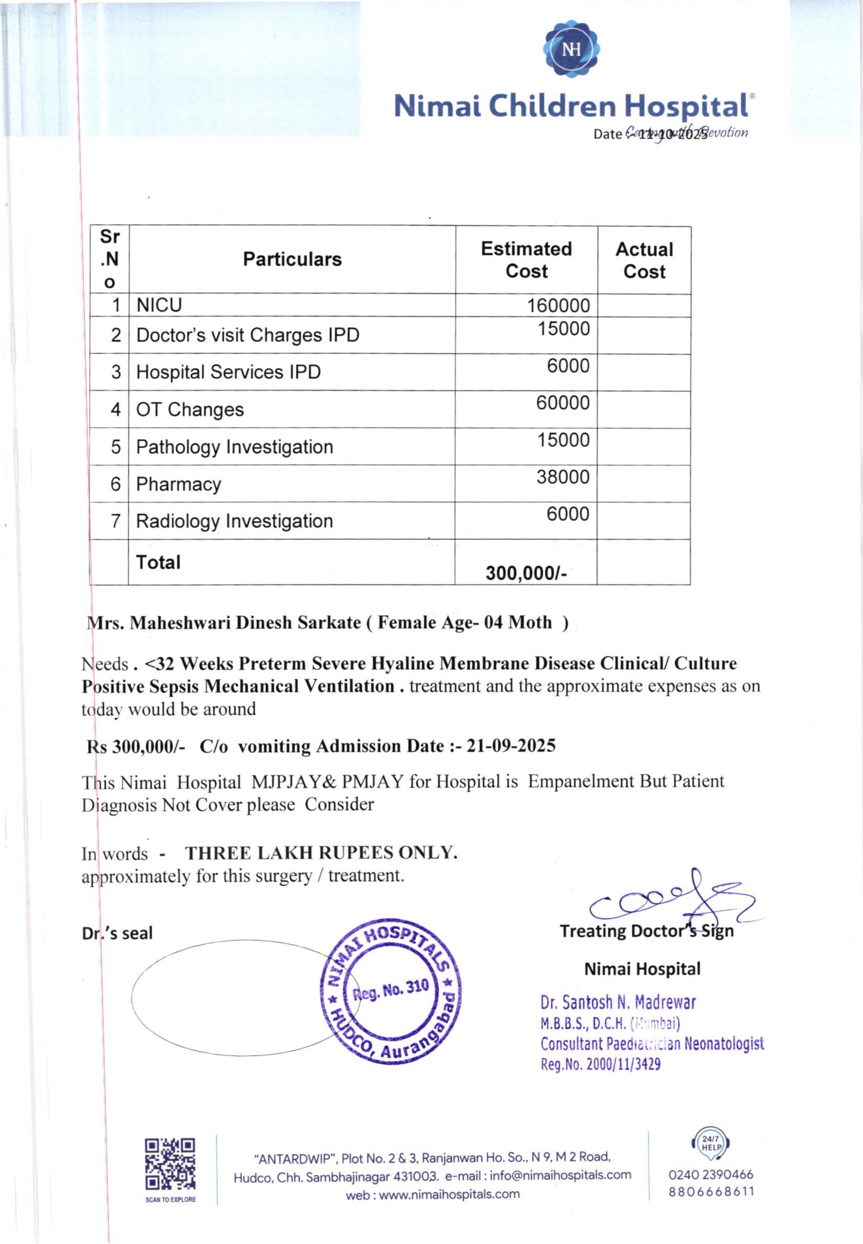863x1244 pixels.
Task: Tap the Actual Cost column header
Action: click(x=644, y=260)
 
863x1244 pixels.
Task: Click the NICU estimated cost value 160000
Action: click(x=558, y=306)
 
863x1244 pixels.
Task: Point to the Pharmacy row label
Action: click(x=179, y=484)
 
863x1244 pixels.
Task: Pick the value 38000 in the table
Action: click(x=562, y=477)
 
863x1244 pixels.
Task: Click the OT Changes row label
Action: click(x=190, y=410)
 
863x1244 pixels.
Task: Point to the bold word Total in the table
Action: click(x=158, y=562)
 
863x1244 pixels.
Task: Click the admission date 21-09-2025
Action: click(x=510, y=746)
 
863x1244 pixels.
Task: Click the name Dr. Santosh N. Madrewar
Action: click(x=618, y=1003)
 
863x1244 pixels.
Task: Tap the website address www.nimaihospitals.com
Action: click(x=449, y=1194)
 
